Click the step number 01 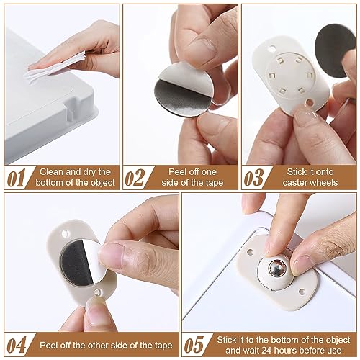point(16,178)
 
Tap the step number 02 point(135,178)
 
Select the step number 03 point(253,178)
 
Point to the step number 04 point(17,345)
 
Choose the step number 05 point(194,345)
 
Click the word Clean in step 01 point(52,172)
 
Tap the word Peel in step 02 point(177,172)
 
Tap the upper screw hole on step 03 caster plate point(271,49)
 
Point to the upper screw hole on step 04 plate point(65,233)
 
